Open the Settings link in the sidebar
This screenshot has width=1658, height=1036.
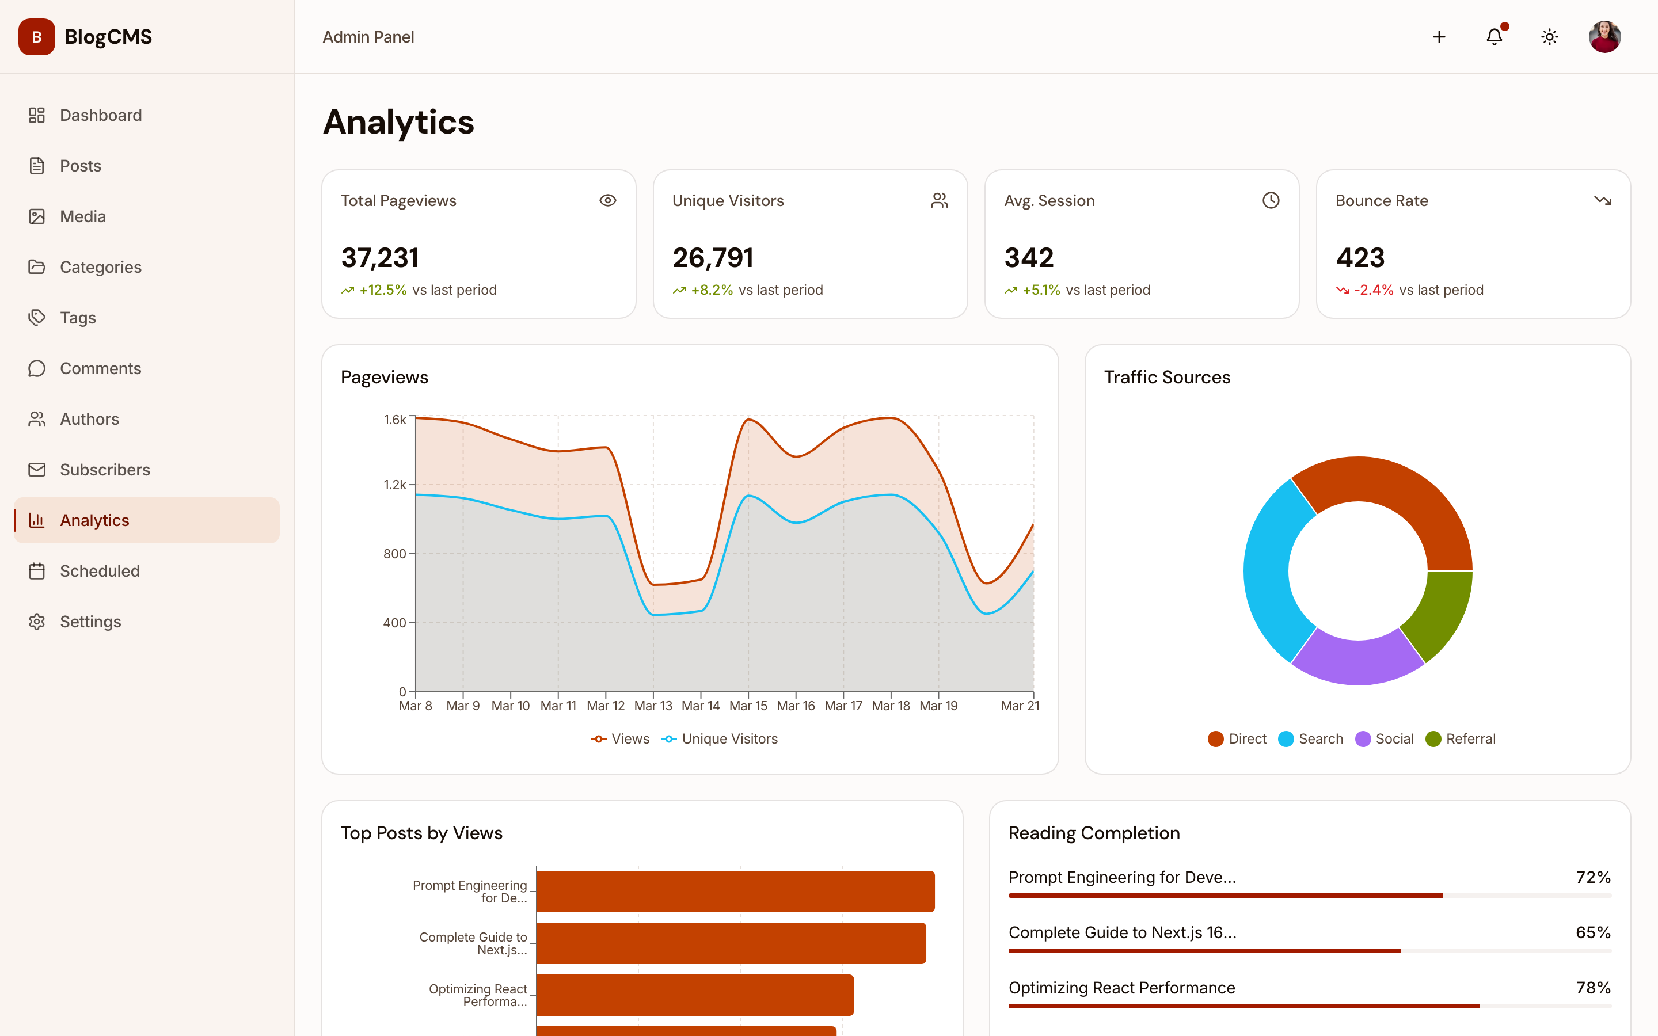click(x=90, y=622)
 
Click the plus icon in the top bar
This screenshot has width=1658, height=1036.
click(x=1439, y=37)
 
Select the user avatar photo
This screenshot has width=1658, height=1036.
click(x=1604, y=37)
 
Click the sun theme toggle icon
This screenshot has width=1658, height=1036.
click(x=1549, y=37)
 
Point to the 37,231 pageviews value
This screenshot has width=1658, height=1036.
click(x=380, y=258)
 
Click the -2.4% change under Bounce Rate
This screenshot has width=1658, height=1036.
click(x=1373, y=290)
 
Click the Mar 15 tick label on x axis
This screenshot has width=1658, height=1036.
click(x=748, y=706)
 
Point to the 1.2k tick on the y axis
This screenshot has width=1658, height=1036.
click(x=394, y=485)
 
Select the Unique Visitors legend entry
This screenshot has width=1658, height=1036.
click(x=720, y=738)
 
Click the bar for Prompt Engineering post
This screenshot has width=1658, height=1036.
click(x=735, y=891)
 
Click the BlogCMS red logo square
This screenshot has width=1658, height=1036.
click(x=37, y=37)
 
